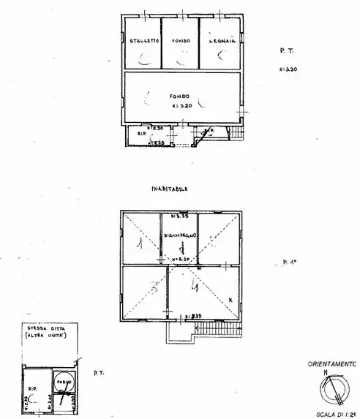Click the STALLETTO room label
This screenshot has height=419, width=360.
tap(141, 41)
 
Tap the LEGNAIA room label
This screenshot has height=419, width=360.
tap(221, 41)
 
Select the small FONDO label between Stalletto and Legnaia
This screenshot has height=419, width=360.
tap(181, 41)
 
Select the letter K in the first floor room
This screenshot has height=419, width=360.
tap(229, 300)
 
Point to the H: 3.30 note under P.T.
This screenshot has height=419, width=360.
tap(288, 69)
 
